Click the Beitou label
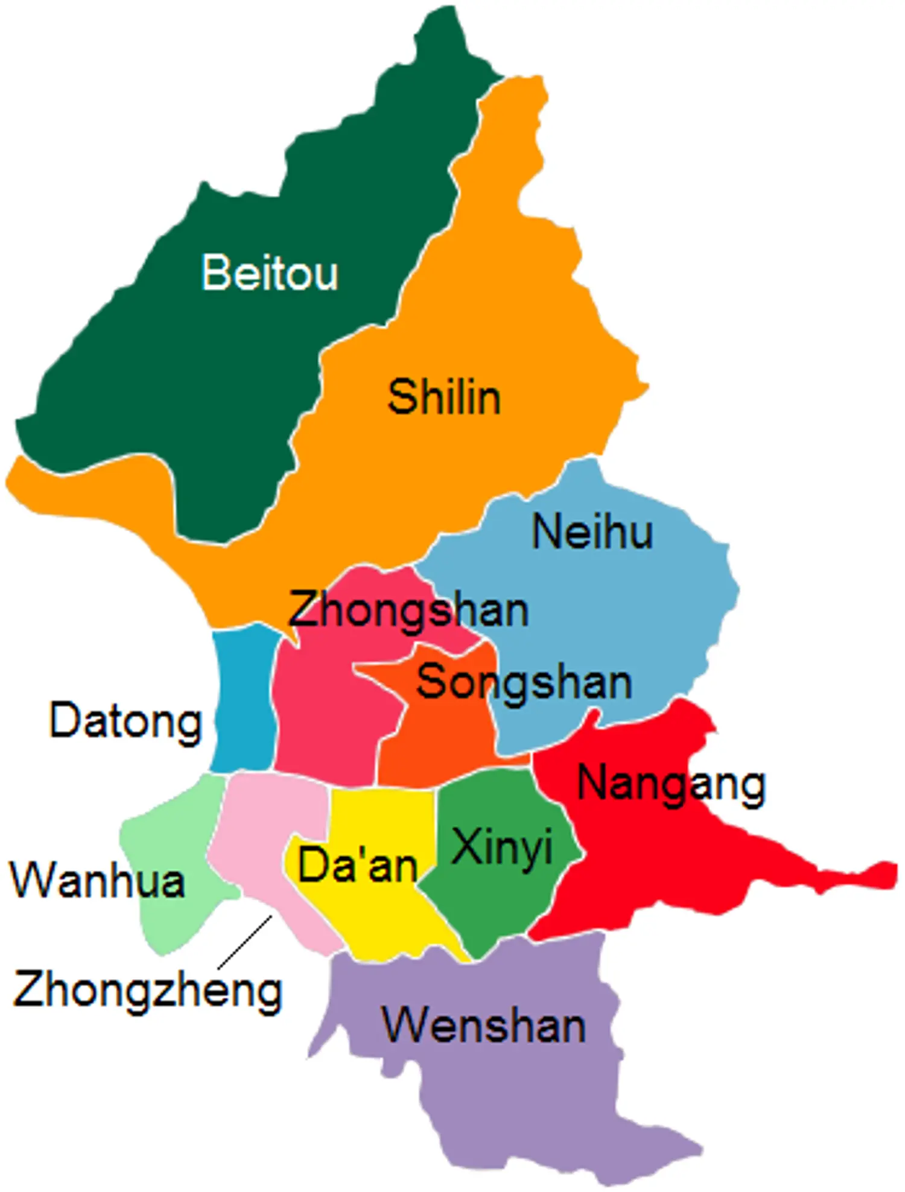click(270, 273)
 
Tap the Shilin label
click(444, 398)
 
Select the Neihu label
click(592, 532)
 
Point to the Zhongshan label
click(408, 610)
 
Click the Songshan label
click(524, 683)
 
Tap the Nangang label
click(672, 785)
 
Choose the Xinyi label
click(502, 847)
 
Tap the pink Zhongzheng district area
click(265, 832)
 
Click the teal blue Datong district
click(244, 700)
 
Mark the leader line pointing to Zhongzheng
click(245, 942)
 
